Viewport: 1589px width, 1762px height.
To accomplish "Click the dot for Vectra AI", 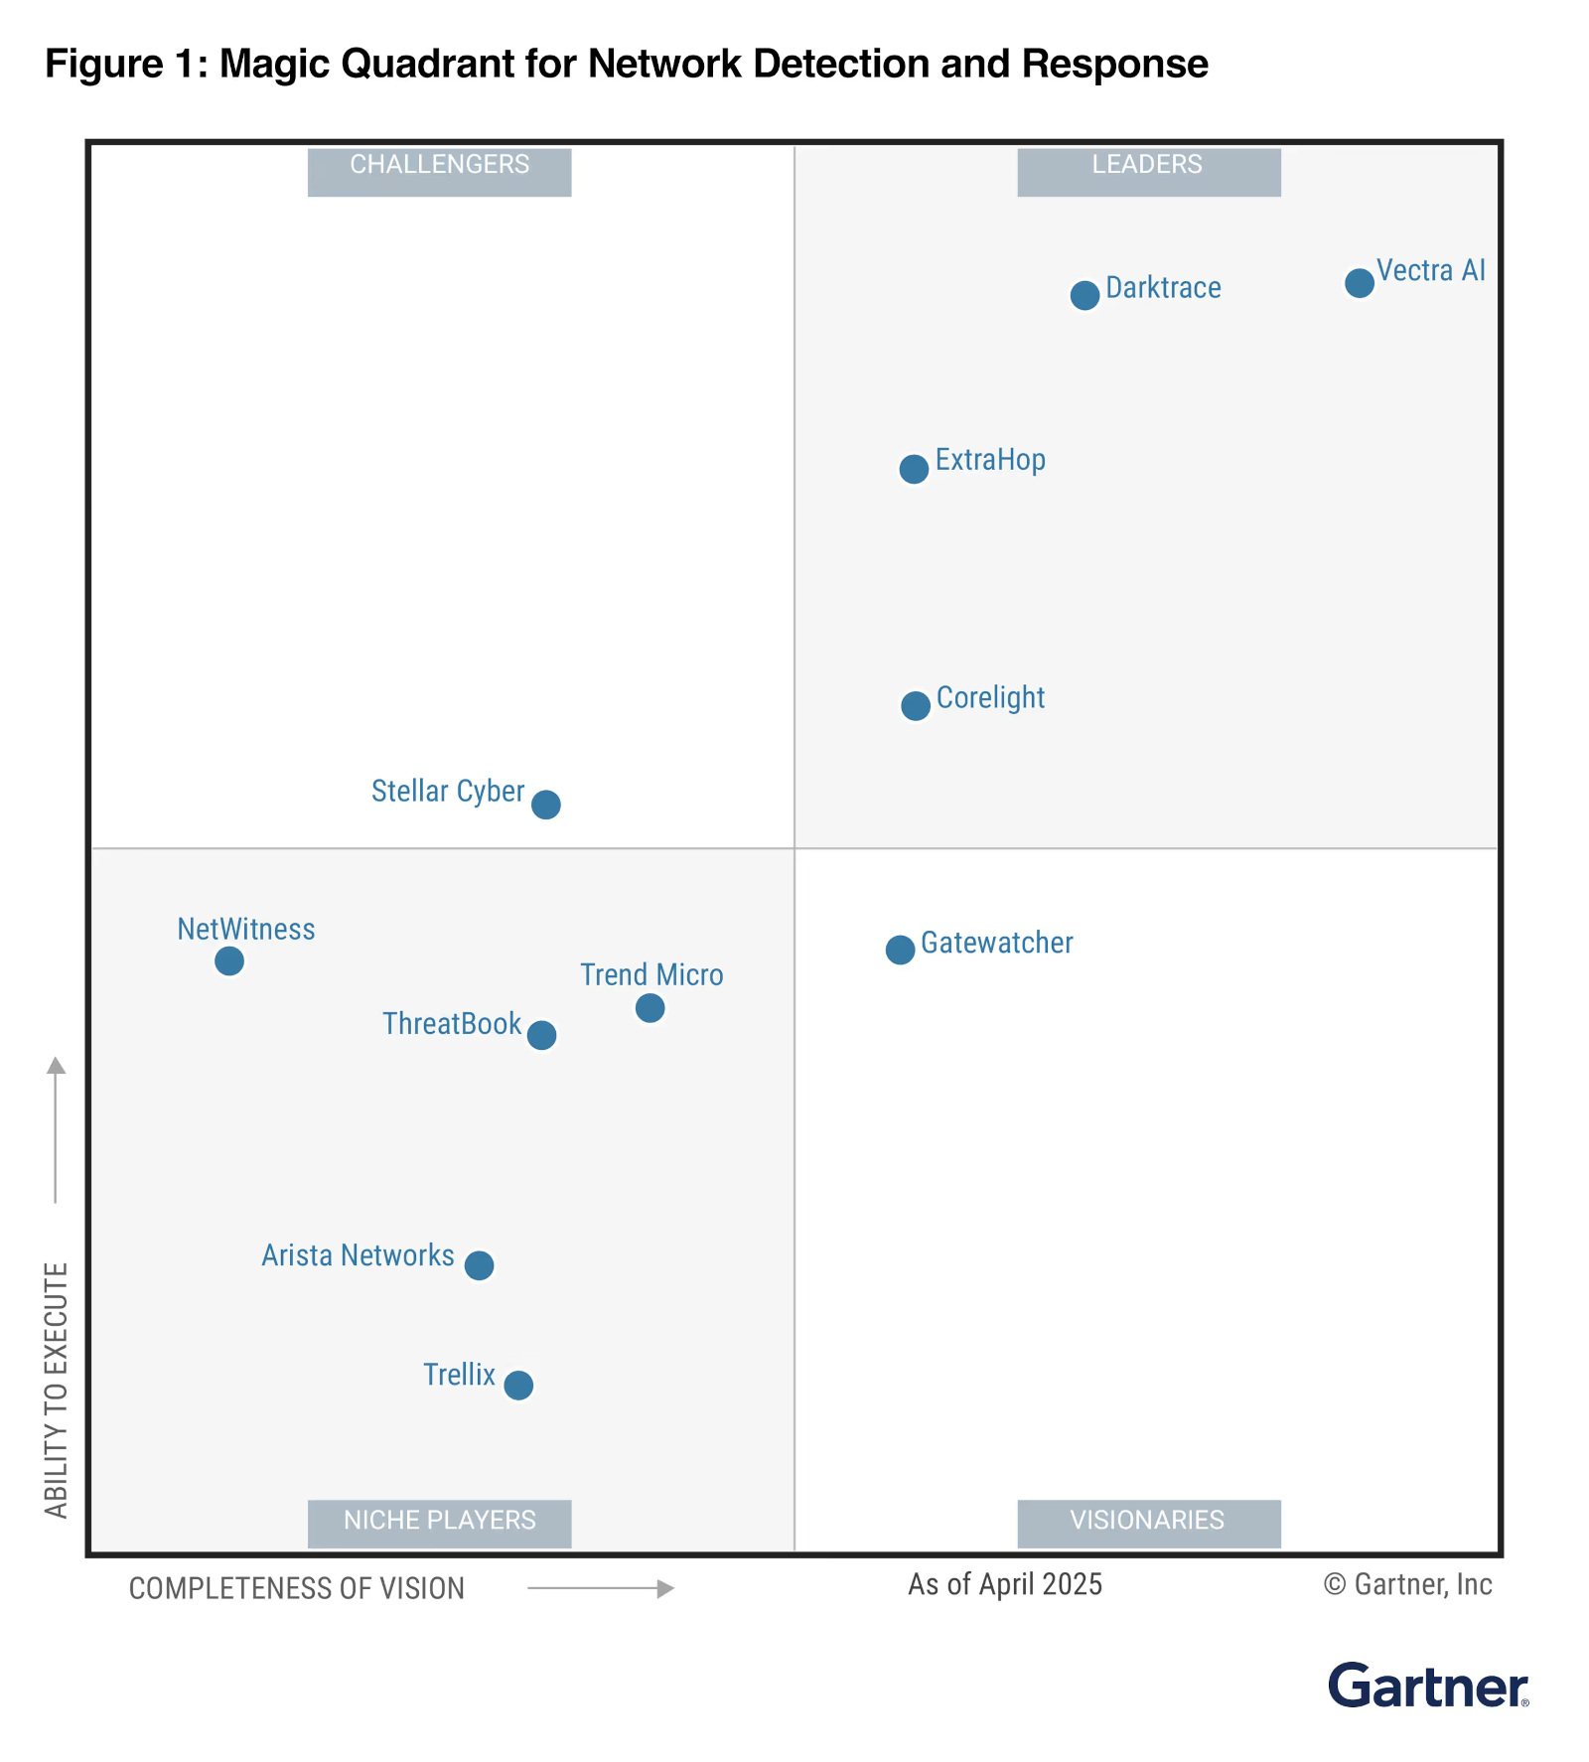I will click(1359, 283).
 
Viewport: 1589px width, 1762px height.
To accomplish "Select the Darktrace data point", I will click(1084, 295).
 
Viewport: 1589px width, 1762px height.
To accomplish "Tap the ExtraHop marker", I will click(914, 469).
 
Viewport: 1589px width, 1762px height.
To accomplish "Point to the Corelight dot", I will click(915, 706).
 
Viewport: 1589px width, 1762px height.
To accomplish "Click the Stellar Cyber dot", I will click(545, 804).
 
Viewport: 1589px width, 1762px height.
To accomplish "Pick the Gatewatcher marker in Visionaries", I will click(900, 950).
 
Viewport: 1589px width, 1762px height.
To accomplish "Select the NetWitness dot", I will click(229, 960).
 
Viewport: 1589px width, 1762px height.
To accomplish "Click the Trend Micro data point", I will click(650, 1008).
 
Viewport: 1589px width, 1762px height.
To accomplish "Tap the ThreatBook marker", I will click(541, 1035).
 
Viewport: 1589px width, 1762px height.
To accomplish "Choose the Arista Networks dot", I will click(479, 1265).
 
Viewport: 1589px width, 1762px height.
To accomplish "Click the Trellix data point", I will click(518, 1385).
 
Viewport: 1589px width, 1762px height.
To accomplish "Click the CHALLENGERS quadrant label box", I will click(439, 172).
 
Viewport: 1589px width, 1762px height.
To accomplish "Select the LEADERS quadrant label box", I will click(1148, 172).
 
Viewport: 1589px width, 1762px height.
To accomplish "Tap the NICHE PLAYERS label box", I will click(439, 1523).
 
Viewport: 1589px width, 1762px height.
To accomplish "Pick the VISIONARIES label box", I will click(1148, 1523).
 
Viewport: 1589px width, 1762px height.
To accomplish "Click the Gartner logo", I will click(1427, 1686).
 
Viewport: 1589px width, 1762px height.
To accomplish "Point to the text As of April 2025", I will click(1004, 1584).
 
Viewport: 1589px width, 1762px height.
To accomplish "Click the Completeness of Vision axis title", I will click(296, 1588).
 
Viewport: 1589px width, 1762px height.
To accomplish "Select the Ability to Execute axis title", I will click(57, 1390).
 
